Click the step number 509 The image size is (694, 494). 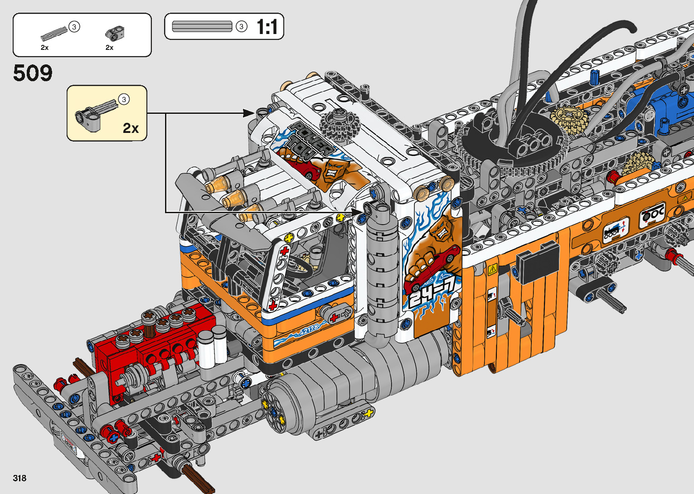[33, 73]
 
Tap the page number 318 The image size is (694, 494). [19, 478]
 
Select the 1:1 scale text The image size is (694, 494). [267, 27]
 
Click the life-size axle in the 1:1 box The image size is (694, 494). [202, 26]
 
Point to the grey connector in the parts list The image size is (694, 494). [115, 33]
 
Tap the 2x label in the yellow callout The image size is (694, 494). [131, 128]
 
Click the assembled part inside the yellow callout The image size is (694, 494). [96, 114]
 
